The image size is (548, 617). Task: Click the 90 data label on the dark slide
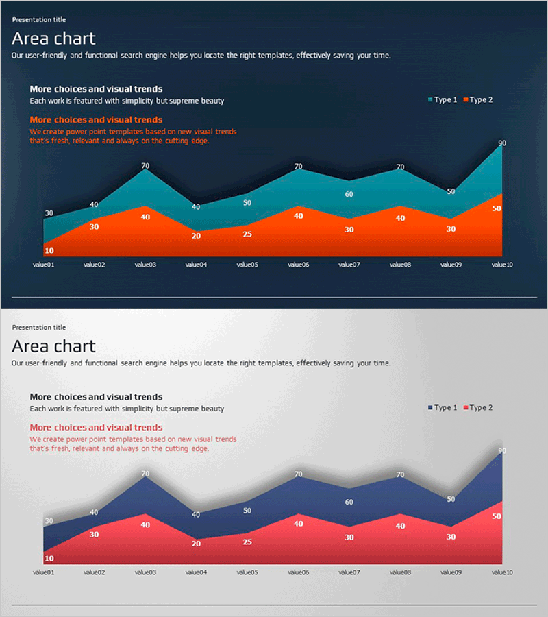[502, 143]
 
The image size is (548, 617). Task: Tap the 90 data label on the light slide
[502, 451]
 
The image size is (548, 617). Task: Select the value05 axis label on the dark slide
[247, 264]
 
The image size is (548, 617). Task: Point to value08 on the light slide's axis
[399, 572]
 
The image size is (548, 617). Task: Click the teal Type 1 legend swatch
[430, 100]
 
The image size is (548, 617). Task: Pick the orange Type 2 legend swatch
[466, 100]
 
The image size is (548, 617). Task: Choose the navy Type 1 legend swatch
[430, 408]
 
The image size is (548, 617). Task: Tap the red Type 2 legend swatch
[466, 408]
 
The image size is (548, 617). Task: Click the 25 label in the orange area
[247, 234]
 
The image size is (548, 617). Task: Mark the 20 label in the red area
[196, 544]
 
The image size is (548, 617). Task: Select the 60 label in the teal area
[349, 195]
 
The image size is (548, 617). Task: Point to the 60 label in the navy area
[349, 503]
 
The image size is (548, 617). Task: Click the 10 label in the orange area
[49, 251]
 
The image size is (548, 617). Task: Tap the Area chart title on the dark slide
[53, 38]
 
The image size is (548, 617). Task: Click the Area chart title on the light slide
[53, 346]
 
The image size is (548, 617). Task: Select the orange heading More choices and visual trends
[96, 120]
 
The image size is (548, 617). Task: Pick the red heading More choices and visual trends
[96, 428]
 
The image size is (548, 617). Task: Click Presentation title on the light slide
[39, 328]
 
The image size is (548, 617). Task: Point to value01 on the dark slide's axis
[43, 264]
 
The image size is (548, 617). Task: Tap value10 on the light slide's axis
[502, 572]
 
